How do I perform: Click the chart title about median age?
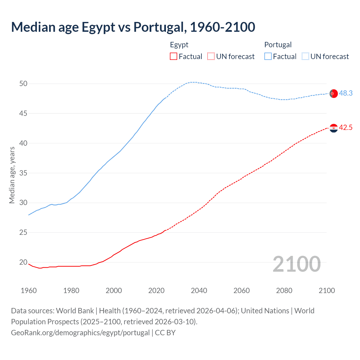click(133, 27)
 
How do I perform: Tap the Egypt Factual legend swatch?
click(174, 57)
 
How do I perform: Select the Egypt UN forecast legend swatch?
click(211, 57)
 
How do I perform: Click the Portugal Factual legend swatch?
click(268, 57)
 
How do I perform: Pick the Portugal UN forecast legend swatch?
click(305, 57)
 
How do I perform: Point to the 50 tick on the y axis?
click(23, 84)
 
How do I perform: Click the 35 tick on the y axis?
click(23, 173)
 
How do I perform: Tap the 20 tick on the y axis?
click(23, 262)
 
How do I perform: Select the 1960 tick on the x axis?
click(29, 291)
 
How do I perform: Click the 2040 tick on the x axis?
click(199, 291)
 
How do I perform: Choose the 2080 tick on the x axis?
click(284, 291)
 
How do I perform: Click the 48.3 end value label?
click(346, 93)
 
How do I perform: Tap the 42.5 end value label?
click(346, 127)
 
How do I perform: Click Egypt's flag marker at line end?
click(334, 128)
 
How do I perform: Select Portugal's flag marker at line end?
click(334, 93)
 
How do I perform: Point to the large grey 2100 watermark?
click(296, 264)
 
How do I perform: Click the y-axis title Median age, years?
click(12, 175)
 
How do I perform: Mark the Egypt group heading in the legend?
click(179, 45)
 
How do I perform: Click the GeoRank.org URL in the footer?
click(80, 333)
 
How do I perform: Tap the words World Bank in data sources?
click(75, 311)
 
